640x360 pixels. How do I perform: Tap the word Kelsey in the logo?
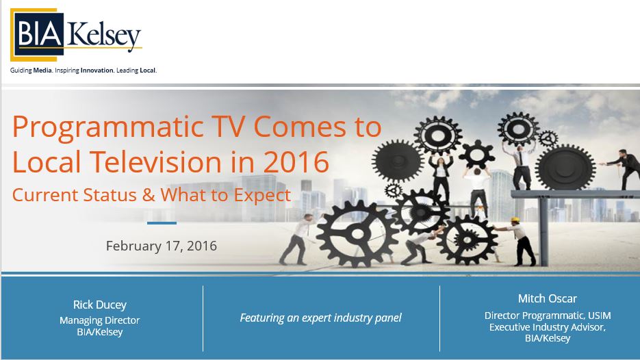[x=104, y=36]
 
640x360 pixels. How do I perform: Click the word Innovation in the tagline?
[x=97, y=70]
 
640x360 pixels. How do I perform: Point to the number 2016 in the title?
[x=296, y=162]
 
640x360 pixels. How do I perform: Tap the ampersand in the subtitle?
[x=149, y=195]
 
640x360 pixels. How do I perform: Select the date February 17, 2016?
[x=162, y=246]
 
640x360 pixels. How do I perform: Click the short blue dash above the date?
[x=162, y=223]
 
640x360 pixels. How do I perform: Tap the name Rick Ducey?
[x=99, y=305]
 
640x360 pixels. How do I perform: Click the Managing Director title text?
[x=99, y=320]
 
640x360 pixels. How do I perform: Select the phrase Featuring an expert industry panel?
[x=321, y=318]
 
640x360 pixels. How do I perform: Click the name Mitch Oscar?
[x=548, y=298]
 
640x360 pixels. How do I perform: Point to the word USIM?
[x=600, y=316]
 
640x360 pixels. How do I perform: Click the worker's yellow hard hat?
[x=515, y=220]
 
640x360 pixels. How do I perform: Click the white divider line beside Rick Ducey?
[x=203, y=318]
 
